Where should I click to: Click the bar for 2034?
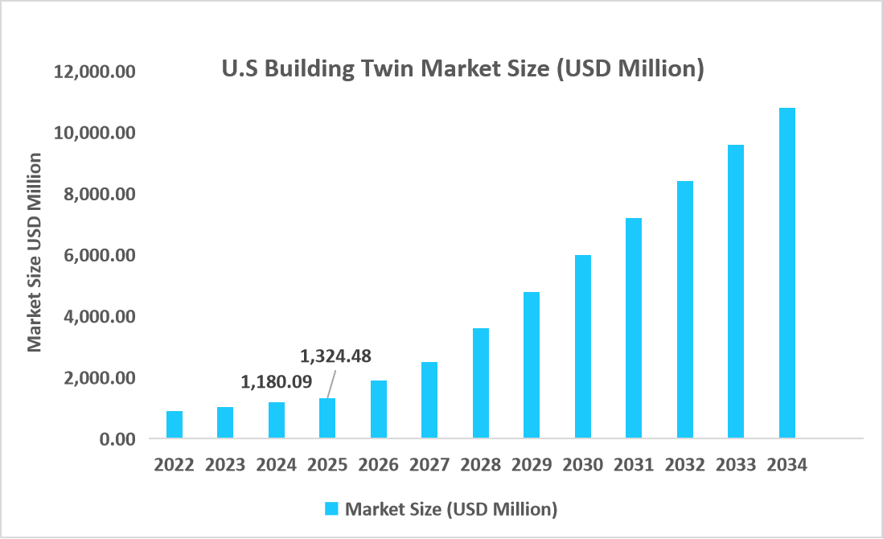pos(786,274)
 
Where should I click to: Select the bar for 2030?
pos(583,347)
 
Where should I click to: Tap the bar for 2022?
pos(175,425)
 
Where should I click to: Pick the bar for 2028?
pos(481,384)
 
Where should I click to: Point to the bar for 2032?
pos(685,310)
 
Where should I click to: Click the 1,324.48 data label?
pos(335,356)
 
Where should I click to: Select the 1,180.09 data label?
pos(277,381)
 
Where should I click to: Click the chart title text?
pos(462,69)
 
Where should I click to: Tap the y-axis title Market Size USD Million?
pos(34,252)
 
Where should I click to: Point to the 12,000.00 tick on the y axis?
pos(95,72)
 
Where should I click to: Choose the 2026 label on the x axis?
pos(378,465)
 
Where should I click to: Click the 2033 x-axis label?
pos(736,465)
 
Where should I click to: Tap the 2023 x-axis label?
pos(225,465)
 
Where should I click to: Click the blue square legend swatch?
pos(331,508)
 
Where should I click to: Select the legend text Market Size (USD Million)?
pos(450,508)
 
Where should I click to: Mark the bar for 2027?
pos(429,401)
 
